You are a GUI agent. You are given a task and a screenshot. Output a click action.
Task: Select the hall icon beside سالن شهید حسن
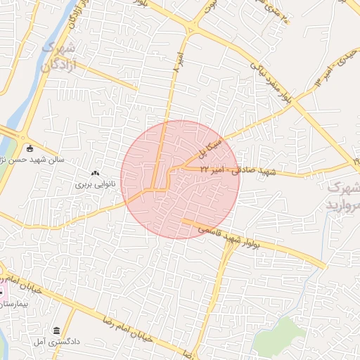pos(30,148)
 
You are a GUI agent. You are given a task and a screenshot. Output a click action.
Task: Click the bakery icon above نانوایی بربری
pos(96,173)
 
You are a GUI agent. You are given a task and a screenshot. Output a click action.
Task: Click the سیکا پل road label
pos(212,148)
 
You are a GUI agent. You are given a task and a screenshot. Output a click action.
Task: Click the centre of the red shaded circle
pos(180,179)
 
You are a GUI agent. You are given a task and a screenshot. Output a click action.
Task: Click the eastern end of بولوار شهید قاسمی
pos(325,266)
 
